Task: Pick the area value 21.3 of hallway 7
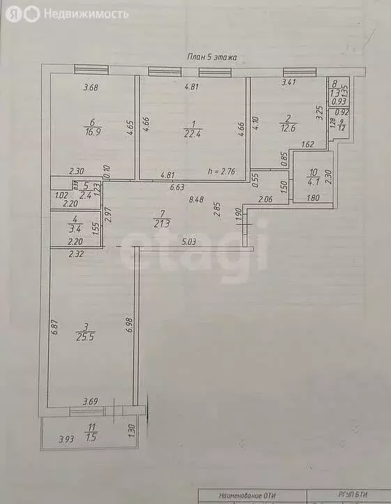tap(162, 223)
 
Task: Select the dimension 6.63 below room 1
tap(177, 186)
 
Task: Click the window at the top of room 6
tap(91, 69)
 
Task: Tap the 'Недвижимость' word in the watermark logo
tap(86, 13)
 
